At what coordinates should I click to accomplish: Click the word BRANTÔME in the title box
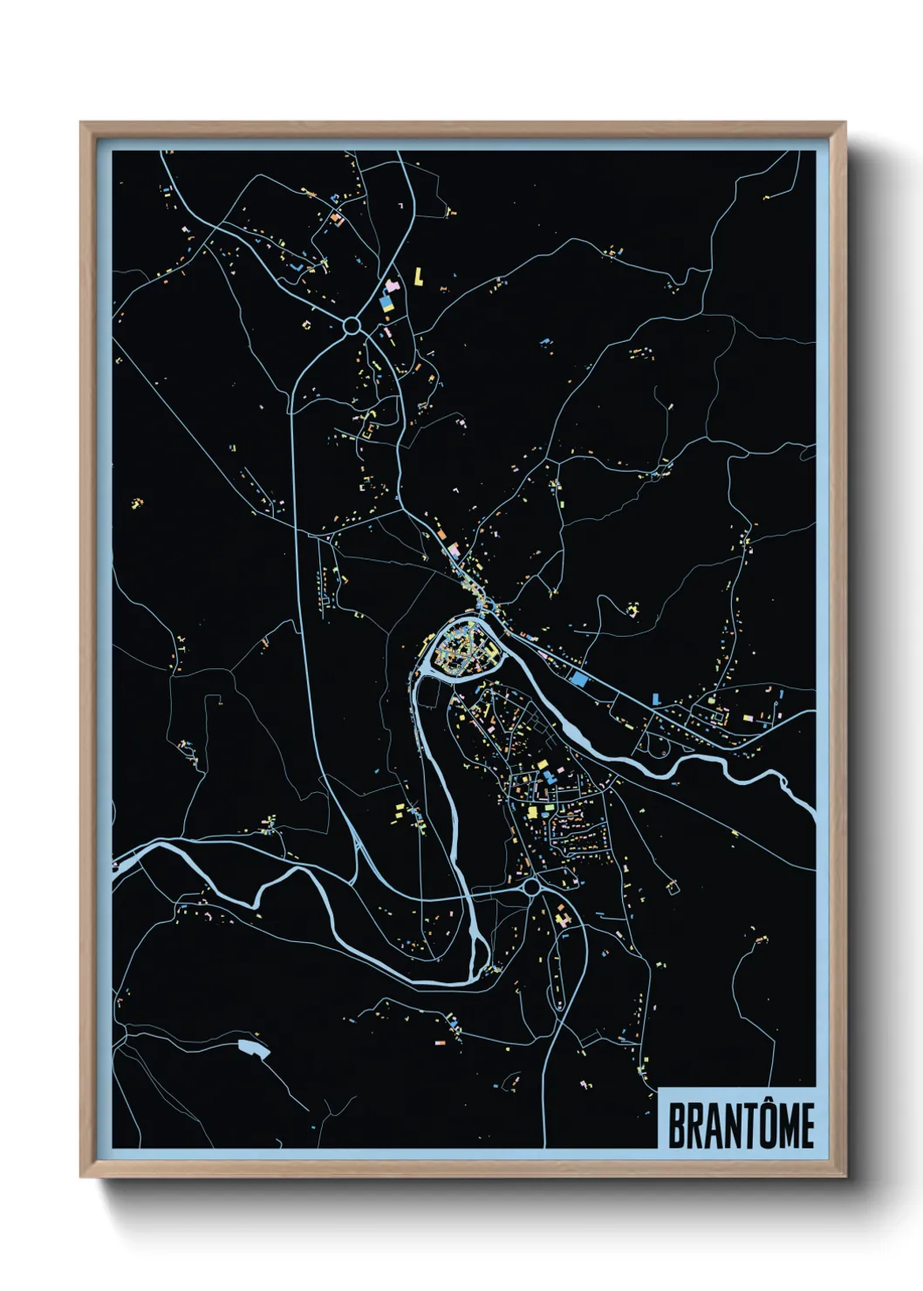click(x=741, y=1125)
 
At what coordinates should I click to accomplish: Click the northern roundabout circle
click(x=352, y=325)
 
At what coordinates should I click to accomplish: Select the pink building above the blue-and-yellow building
click(x=392, y=285)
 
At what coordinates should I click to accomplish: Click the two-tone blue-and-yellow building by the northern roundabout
click(x=386, y=304)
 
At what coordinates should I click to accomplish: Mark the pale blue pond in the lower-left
click(x=254, y=1048)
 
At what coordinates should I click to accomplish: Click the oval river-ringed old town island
click(x=461, y=648)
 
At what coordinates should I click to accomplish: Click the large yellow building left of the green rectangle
click(x=531, y=811)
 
